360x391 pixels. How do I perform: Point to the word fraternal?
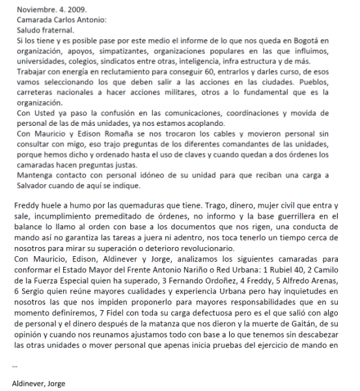point(57,31)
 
